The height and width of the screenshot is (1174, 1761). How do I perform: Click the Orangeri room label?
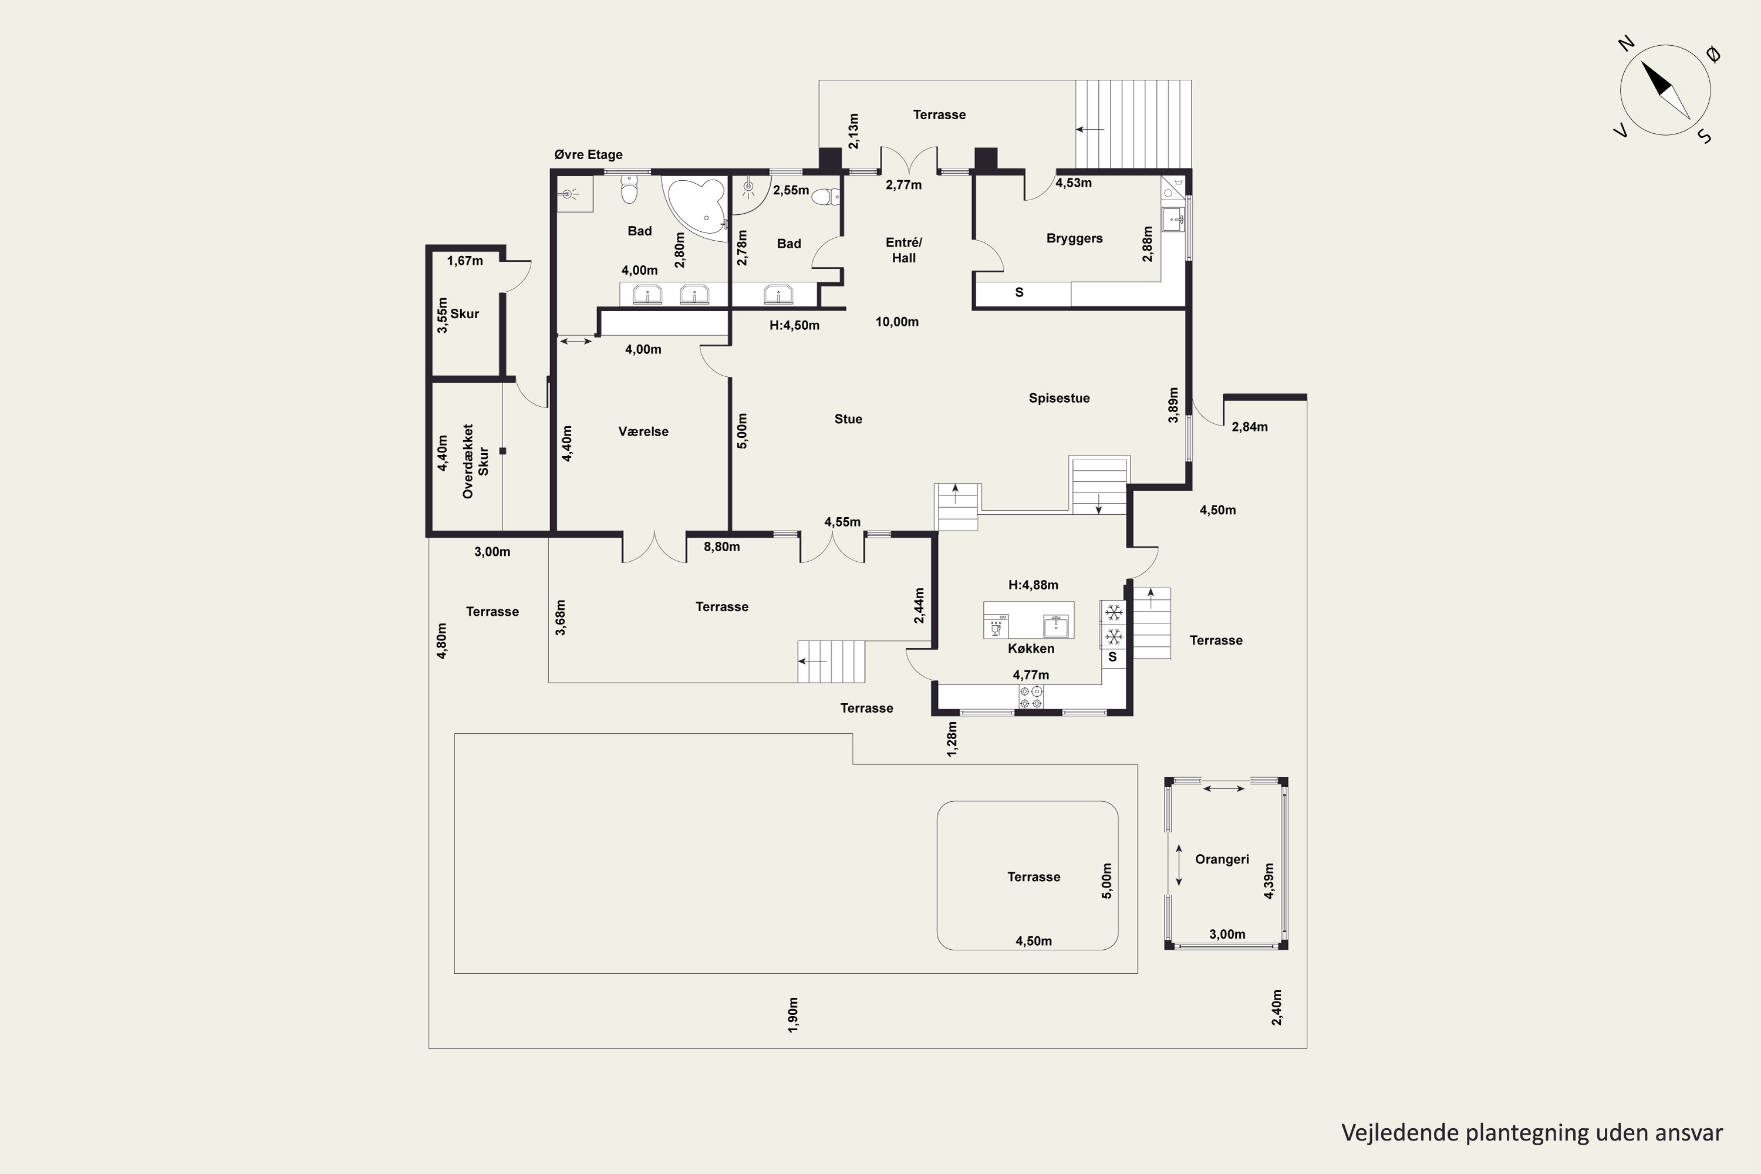(x=1222, y=859)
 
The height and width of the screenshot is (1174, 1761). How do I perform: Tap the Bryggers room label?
(x=1074, y=239)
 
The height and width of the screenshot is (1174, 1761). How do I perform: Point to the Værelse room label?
(x=643, y=431)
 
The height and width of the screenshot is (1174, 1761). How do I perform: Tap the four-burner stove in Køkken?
(x=1031, y=697)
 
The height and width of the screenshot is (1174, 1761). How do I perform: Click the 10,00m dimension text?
(x=897, y=322)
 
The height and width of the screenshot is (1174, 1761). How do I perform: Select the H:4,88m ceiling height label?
(x=1033, y=585)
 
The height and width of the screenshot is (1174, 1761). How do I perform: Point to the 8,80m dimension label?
(x=722, y=546)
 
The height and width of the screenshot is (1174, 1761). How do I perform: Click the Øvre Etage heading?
(x=589, y=155)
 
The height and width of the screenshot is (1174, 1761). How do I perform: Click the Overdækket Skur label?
(x=475, y=461)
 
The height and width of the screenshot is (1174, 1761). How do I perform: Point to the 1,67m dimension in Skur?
(x=465, y=261)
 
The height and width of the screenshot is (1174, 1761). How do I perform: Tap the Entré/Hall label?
(x=904, y=250)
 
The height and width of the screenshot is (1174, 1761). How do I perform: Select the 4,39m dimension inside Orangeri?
(x=1269, y=881)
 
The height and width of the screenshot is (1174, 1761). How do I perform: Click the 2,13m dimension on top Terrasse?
(x=853, y=131)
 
